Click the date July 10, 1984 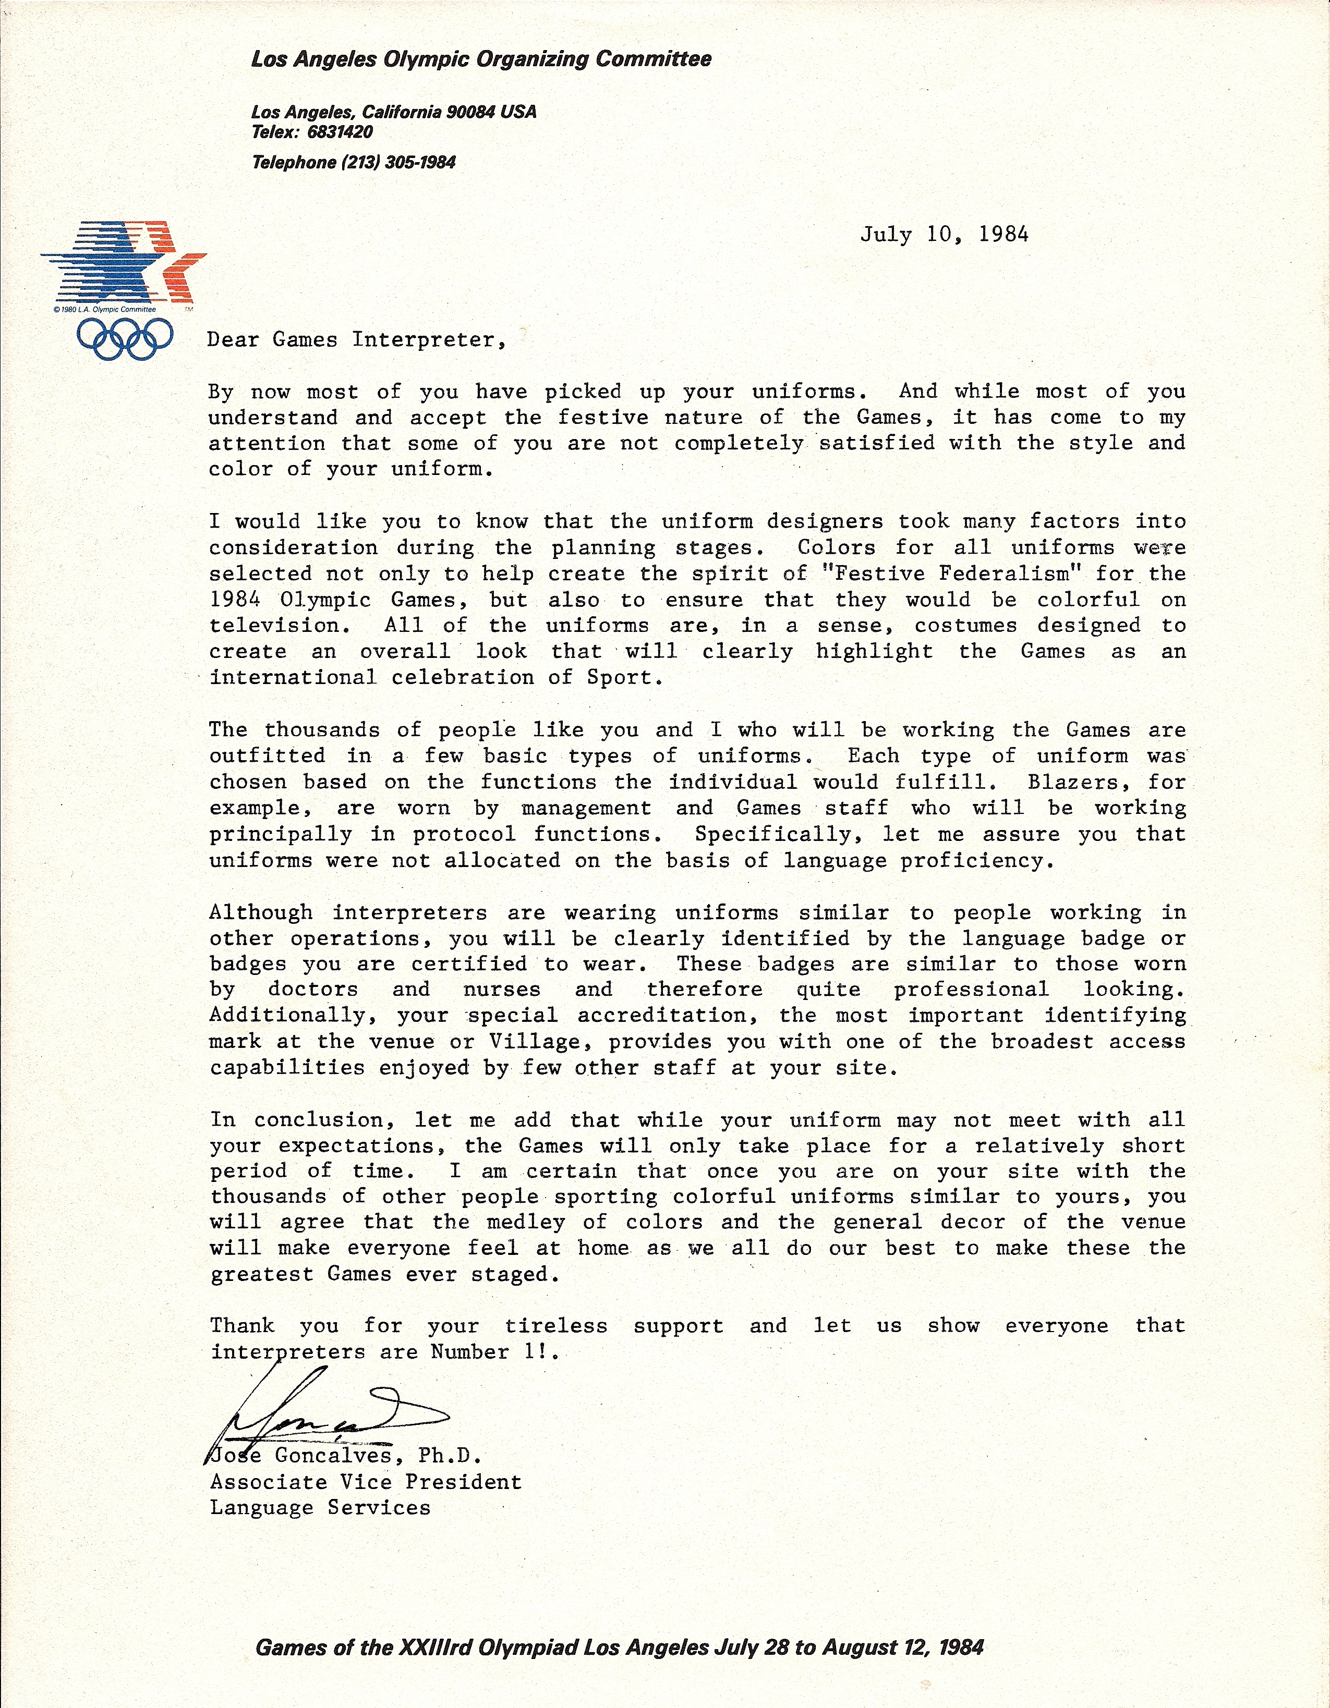tap(944, 235)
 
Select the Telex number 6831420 tap(340, 132)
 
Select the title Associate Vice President tap(365, 1482)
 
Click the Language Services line tap(320, 1508)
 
